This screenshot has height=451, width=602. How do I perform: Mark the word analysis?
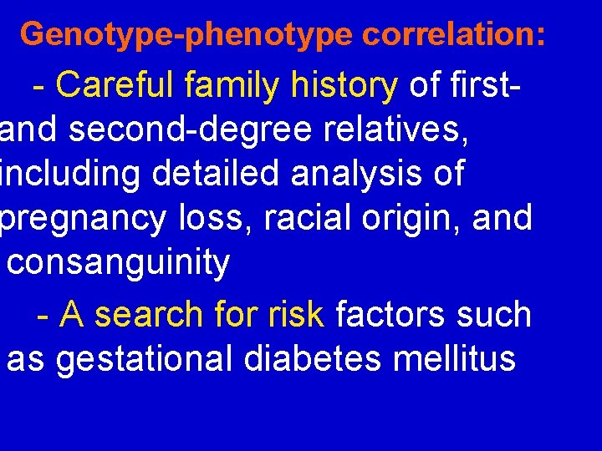pos(373,174)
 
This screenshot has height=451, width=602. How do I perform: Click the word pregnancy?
pos(83,219)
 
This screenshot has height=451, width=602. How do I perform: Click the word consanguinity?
pos(118,263)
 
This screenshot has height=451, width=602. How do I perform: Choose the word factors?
pos(397,315)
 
